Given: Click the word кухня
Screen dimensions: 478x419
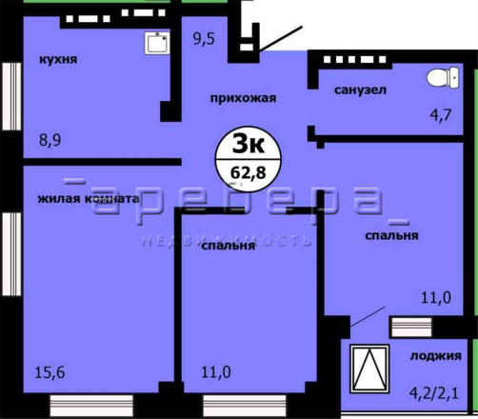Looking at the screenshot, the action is pyautogui.click(x=58, y=59).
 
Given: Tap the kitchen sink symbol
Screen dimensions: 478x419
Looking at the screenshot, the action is pyautogui.click(x=157, y=43).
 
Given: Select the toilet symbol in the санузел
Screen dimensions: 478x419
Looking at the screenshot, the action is pyautogui.click(x=443, y=77).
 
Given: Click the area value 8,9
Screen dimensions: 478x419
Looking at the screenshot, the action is pyautogui.click(x=50, y=140).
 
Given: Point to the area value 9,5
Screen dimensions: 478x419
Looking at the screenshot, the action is pyautogui.click(x=204, y=39).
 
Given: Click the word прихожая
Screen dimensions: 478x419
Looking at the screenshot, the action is pyautogui.click(x=243, y=98).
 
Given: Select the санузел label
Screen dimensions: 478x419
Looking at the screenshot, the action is pyautogui.click(x=360, y=90).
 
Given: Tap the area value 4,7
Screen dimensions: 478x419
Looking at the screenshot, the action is pyautogui.click(x=441, y=114).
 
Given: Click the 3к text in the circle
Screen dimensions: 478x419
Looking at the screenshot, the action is pyautogui.click(x=249, y=144).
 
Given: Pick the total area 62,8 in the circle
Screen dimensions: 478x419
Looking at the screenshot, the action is pyautogui.click(x=249, y=173).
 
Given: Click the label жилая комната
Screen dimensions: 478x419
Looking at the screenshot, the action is pyautogui.click(x=89, y=199).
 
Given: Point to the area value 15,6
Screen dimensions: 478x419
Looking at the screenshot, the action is pyautogui.click(x=50, y=372).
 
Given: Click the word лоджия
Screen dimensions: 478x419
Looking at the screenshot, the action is pyautogui.click(x=436, y=356).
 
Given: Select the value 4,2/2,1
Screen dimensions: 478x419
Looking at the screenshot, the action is pyautogui.click(x=434, y=393).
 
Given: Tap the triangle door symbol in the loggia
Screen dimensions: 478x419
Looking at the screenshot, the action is pyautogui.click(x=369, y=369).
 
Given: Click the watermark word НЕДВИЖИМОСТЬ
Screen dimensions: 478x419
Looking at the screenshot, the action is pyautogui.click(x=227, y=241).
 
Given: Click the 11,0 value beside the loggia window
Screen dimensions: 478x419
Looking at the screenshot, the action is pyautogui.click(x=436, y=298).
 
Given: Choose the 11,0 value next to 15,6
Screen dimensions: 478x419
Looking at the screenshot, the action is pyautogui.click(x=216, y=372).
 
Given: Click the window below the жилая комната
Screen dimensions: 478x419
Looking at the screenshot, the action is pyautogui.click(x=91, y=406).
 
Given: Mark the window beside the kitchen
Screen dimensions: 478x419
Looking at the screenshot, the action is pyautogui.click(x=11, y=96).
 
